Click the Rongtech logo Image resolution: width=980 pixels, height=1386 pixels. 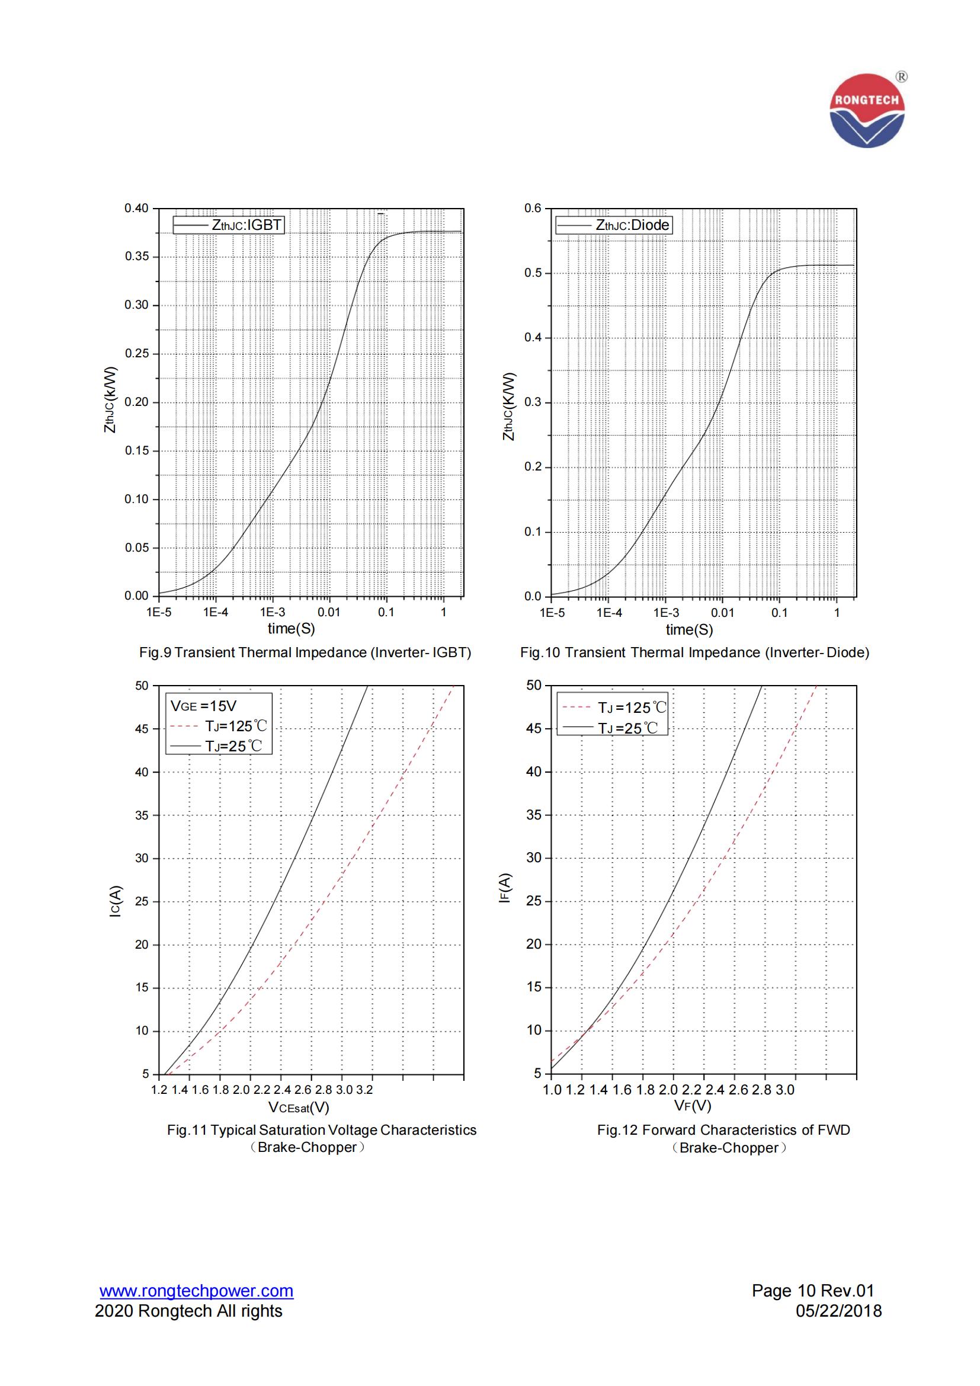[867, 111]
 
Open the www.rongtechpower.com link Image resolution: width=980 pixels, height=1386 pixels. [196, 1291]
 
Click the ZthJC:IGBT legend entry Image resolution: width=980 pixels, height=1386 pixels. [228, 225]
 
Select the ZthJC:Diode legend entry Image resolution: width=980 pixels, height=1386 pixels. [613, 225]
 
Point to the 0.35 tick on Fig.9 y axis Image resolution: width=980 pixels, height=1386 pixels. [136, 257]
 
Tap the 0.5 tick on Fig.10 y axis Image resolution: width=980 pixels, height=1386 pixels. [533, 273]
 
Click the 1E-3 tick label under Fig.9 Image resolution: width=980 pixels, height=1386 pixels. [272, 612]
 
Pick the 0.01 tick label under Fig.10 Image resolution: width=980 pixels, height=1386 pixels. [722, 613]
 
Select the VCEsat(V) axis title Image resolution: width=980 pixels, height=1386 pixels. [299, 1107]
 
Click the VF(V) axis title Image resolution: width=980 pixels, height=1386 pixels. [693, 1106]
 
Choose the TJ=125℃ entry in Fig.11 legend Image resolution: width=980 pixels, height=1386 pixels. [219, 726]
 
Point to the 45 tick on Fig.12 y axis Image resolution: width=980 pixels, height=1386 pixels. [534, 729]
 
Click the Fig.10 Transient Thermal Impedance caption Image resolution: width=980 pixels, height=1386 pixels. [694, 652]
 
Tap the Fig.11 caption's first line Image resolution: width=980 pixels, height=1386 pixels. [322, 1130]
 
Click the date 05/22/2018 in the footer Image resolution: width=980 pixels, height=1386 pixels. [839, 1311]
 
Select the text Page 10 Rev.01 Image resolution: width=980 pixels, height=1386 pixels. [812, 1291]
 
